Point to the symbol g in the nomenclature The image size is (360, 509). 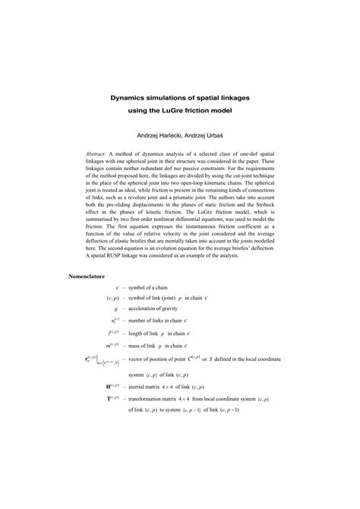[115, 309]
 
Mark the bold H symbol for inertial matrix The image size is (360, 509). [110, 386]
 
